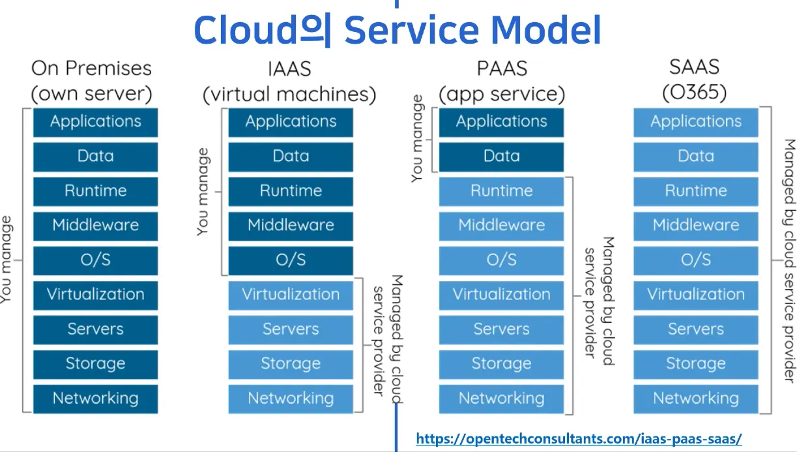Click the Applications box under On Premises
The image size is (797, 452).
95,122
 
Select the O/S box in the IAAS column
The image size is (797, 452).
291,260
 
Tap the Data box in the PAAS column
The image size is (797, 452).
501,157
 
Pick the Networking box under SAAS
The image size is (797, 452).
696,399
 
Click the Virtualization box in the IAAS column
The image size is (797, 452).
291,295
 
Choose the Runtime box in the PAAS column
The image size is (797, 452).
501,191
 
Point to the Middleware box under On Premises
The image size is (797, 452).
95,226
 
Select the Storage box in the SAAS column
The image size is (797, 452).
696,364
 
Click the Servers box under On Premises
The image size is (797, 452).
95,329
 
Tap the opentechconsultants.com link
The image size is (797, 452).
579,439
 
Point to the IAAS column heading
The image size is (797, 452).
289,68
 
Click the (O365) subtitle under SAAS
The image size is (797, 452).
694,92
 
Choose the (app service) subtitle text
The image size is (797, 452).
501,94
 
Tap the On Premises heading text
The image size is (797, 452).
91,68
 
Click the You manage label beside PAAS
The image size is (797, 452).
418,138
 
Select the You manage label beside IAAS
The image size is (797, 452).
204,191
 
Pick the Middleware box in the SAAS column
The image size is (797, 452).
696,226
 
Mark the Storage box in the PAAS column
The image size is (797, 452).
501,364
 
